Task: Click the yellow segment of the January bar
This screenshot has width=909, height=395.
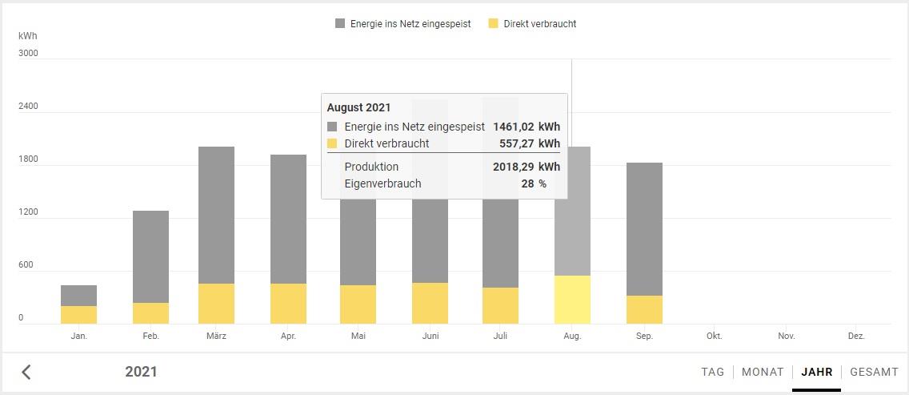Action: pos(78,315)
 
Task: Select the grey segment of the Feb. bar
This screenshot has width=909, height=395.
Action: pos(150,256)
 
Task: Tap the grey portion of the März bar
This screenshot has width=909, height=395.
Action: pos(216,215)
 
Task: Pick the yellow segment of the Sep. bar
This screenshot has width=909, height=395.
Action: pos(644,309)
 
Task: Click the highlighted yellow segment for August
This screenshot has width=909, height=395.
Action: pos(572,300)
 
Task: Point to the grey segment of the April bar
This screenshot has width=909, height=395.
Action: pos(288,219)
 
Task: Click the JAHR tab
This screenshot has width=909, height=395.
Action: pos(816,372)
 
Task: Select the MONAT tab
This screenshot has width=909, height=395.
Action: pos(763,372)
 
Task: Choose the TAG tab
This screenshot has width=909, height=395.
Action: pos(712,372)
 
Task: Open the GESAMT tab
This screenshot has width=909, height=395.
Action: pos(874,372)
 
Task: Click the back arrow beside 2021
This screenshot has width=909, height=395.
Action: pos(26,372)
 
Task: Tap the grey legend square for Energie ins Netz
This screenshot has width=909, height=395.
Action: pos(340,24)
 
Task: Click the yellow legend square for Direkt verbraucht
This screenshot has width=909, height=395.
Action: pos(493,24)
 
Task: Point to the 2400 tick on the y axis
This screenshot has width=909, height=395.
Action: pos(29,106)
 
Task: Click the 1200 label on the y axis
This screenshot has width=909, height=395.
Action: pos(29,212)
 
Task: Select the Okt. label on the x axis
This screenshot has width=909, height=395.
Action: pos(714,337)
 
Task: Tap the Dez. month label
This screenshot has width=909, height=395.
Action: pos(856,337)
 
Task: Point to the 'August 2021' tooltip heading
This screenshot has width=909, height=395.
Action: pos(358,107)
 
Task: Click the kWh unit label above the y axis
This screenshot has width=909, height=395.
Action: pos(28,36)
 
